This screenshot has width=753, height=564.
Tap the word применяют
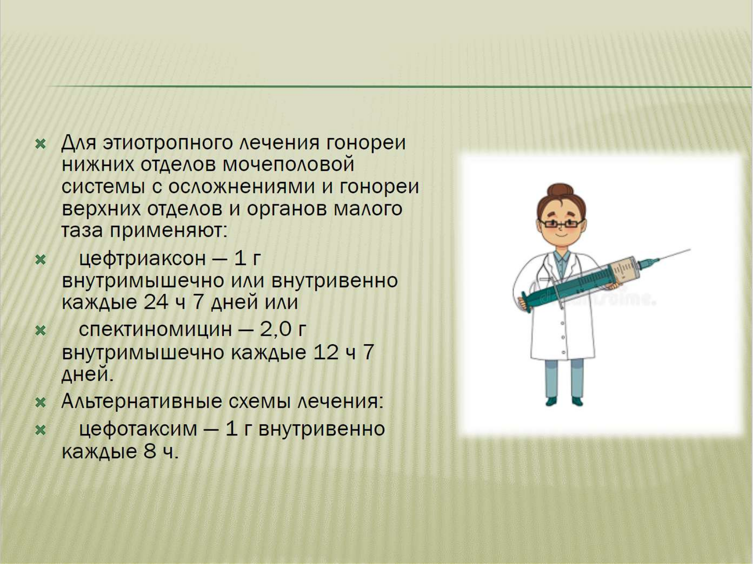(168, 231)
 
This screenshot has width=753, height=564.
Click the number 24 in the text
(157, 302)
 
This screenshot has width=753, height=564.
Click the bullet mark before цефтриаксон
(40, 260)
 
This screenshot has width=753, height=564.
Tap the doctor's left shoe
(578, 401)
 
